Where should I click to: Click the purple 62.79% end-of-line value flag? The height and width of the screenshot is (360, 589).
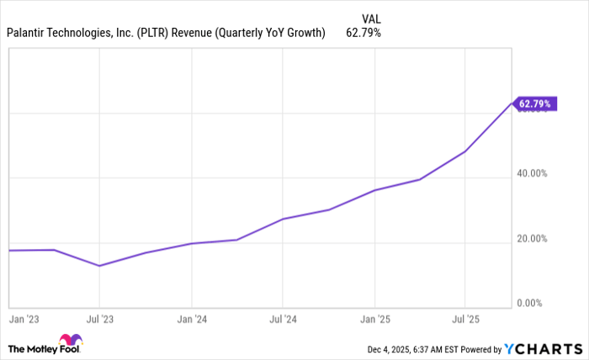click(x=534, y=104)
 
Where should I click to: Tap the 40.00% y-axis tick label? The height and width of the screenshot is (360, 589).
click(x=533, y=173)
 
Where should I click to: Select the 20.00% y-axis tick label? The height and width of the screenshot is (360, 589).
click(x=533, y=239)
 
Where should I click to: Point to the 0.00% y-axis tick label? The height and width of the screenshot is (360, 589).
click(x=534, y=303)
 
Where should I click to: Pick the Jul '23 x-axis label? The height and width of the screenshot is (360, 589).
click(x=99, y=320)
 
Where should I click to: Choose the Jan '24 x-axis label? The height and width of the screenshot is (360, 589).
click(x=191, y=320)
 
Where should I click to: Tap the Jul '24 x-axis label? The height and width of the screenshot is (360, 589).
click(x=283, y=320)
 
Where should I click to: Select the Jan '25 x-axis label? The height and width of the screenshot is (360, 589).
click(x=374, y=320)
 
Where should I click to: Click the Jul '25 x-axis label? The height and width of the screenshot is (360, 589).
click(x=465, y=320)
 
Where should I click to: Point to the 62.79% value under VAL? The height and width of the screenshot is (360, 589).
click(x=363, y=34)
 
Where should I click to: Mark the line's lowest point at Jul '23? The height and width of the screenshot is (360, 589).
click(x=99, y=266)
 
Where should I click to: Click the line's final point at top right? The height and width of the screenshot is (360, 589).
click(x=512, y=103)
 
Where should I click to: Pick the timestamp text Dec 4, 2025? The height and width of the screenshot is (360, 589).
click(x=387, y=349)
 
